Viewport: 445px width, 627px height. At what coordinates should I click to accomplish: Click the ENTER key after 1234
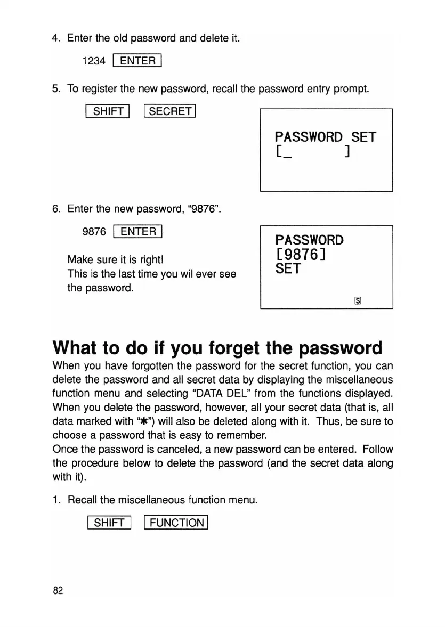(137, 61)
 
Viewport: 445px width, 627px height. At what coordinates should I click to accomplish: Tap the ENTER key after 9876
(137, 231)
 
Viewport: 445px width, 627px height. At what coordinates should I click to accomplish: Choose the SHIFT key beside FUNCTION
(108, 523)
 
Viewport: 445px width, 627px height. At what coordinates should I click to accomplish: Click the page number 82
(58, 590)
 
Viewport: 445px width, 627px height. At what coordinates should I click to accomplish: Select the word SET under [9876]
(288, 269)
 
